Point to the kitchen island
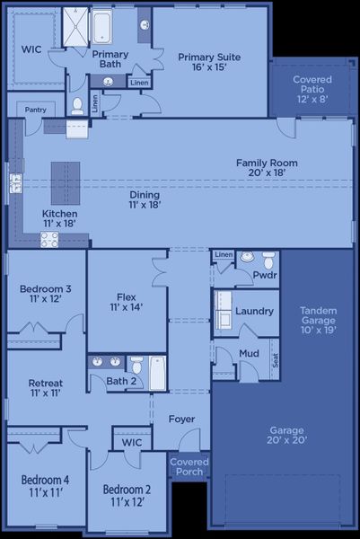coord(65,185)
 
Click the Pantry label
coord(36,110)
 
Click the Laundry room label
coord(254,311)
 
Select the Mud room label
coord(249,353)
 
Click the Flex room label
coord(126,302)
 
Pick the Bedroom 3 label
coord(45,294)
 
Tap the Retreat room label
coord(45,388)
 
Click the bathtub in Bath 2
coord(157,373)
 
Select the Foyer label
coord(182,419)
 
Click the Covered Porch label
coord(189,466)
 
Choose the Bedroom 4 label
coord(45,486)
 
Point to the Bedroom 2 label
coord(126,495)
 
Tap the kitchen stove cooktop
coord(48,239)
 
